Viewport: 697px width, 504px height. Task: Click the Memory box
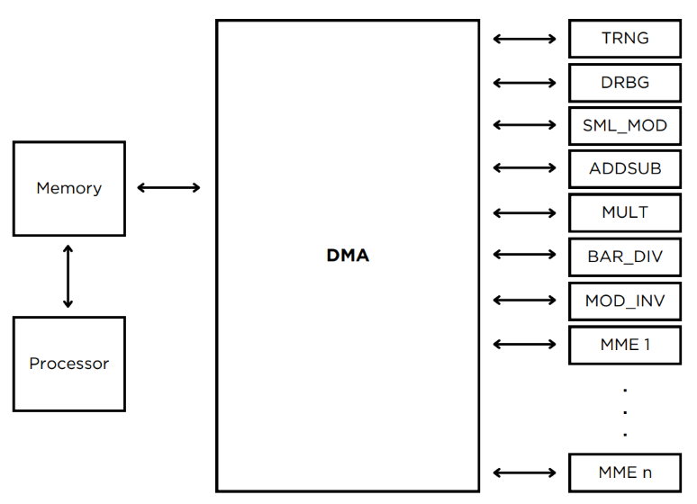(68, 188)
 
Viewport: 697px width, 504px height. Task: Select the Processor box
(68, 364)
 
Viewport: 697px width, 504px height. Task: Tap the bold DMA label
(348, 256)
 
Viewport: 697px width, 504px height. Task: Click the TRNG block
(624, 39)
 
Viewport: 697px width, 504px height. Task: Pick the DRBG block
(624, 83)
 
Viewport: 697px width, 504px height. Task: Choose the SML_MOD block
(624, 126)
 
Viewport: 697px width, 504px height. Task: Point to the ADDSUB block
(624, 168)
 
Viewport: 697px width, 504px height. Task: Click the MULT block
(624, 213)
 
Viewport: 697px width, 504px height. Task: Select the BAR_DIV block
(624, 256)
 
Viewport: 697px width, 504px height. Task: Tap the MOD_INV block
(624, 301)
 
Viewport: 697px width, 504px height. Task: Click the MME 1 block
(624, 345)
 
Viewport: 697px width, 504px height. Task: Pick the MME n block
(624, 472)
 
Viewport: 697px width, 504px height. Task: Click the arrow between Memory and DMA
(168, 188)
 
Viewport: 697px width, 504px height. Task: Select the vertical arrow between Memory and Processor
(68, 275)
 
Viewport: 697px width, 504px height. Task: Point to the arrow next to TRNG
(525, 39)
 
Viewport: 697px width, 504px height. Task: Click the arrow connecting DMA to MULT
(525, 213)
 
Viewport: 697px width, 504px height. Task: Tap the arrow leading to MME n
(525, 472)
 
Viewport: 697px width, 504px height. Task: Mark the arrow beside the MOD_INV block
(525, 301)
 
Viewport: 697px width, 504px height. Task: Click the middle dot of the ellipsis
(624, 412)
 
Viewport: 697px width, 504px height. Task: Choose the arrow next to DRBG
(525, 83)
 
